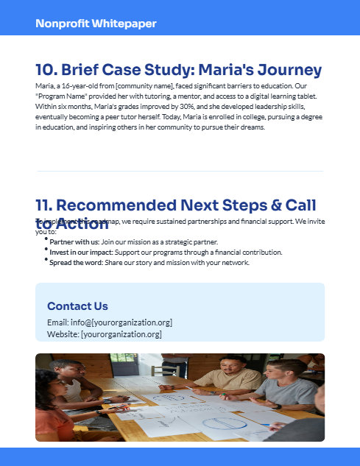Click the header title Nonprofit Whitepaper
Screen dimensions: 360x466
96,24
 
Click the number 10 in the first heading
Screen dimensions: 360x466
46,71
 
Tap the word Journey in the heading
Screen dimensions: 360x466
283,71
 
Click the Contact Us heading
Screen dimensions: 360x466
77,306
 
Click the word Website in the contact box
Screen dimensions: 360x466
62,334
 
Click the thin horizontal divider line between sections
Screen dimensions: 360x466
180,171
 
